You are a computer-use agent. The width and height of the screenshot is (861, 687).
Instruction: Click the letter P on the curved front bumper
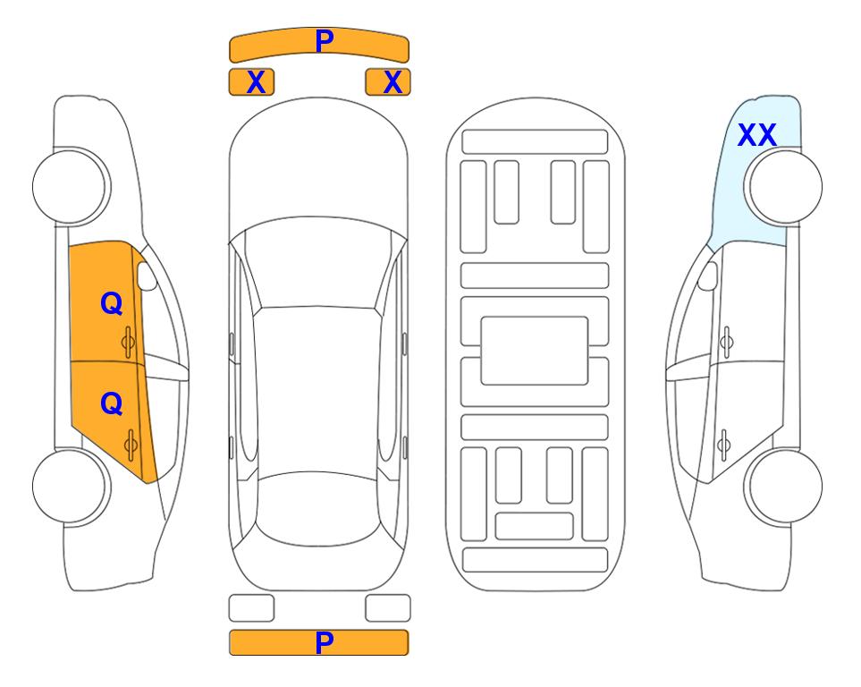pos(325,41)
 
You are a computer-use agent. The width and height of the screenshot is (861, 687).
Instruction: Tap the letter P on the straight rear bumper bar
pos(325,642)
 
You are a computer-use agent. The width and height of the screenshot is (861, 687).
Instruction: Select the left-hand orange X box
pos(251,82)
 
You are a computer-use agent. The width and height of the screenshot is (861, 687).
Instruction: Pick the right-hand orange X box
pos(388,82)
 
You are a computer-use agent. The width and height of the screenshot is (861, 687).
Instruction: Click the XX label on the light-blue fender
pos(756,135)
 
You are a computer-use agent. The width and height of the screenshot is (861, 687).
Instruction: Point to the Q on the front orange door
pos(112,303)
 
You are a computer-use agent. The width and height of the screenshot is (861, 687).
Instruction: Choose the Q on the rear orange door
pos(112,404)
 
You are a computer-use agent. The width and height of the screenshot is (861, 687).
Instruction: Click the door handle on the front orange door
pos(129,343)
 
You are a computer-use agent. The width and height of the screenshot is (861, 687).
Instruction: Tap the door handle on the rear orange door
pos(131,445)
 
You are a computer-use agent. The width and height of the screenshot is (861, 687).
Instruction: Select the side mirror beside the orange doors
pos(147,276)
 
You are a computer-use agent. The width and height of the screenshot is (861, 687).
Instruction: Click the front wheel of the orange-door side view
pos(72,187)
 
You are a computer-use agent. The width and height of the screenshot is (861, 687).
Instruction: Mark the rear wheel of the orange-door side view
pos(72,486)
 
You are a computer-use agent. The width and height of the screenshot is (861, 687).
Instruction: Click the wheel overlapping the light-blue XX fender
pos(783,187)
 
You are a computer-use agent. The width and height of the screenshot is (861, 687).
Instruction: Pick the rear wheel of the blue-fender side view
pos(783,486)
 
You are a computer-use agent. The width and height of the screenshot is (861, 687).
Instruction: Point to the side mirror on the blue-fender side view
pos(708,276)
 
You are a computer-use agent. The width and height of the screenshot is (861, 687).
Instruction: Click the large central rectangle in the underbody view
pos(535,351)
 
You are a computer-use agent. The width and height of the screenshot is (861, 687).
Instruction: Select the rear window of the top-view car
pos(318,508)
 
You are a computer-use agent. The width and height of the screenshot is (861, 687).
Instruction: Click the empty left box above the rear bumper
pos(251,608)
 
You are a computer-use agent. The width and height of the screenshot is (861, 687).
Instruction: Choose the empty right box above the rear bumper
pos(388,608)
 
